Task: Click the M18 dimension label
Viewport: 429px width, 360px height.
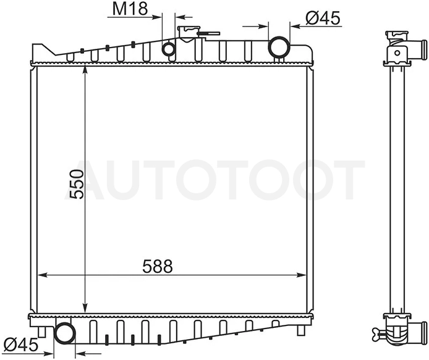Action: (x=130, y=9)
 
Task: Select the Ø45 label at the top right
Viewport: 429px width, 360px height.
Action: (x=323, y=19)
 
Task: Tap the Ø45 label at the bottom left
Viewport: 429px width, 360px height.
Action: (x=21, y=345)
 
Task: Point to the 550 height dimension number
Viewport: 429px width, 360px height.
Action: (x=76, y=184)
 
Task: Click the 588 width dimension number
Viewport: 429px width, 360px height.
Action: (x=157, y=266)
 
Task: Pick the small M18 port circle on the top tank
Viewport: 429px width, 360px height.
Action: (x=169, y=49)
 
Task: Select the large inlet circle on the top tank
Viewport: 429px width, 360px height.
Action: (x=279, y=48)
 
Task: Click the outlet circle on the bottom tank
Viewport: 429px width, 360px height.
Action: (x=64, y=333)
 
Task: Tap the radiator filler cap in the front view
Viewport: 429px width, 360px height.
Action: (x=189, y=32)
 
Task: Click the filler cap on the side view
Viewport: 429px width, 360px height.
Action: (x=397, y=35)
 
